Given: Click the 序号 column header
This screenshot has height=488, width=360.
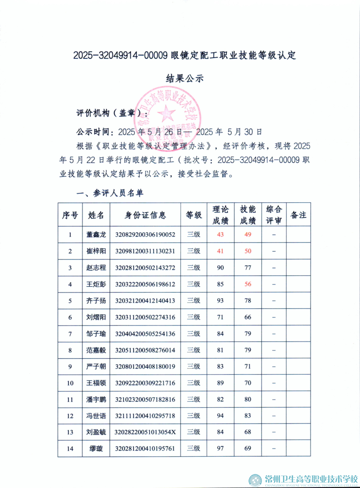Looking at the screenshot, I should tap(70, 215).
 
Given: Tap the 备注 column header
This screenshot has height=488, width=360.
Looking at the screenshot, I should tap(298, 215).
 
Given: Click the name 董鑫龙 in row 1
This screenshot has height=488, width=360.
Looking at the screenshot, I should tap(96, 234).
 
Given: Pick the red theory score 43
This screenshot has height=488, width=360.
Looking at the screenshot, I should tap(221, 234).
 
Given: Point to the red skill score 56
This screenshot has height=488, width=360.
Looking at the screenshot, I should tap(248, 284).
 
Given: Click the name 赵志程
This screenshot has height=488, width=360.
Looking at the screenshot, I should tap(96, 268).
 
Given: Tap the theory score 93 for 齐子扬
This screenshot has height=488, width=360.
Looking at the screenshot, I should tap(221, 300).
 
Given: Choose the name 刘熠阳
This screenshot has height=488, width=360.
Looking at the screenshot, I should tap(96, 317).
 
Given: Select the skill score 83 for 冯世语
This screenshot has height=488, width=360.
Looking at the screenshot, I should tap(248, 415).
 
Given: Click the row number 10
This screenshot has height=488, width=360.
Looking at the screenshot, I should tap(70, 383).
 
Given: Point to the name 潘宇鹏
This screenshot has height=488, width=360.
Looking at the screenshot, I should tap(96, 399).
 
